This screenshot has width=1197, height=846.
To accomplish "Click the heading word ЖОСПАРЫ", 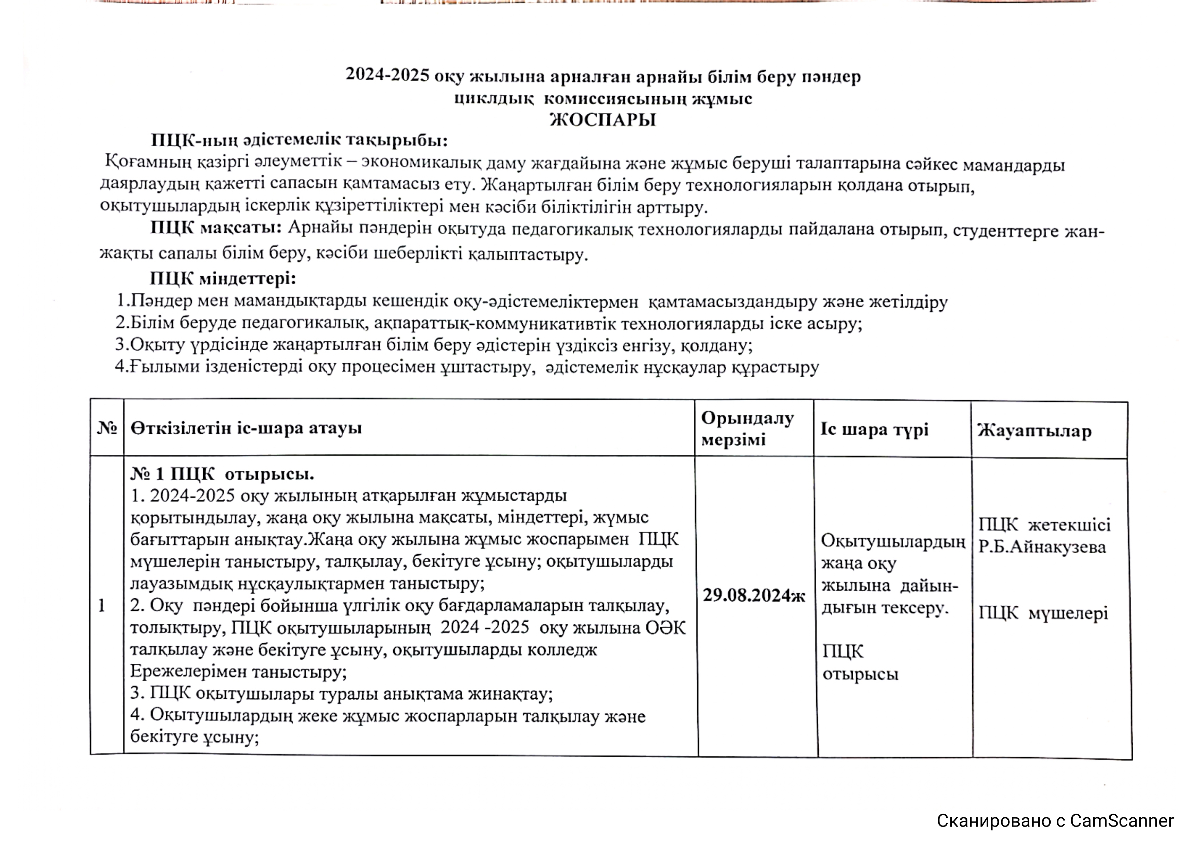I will pyautogui.click(x=603, y=120).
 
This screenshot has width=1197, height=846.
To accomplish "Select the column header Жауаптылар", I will pyautogui.click(x=1034, y=431).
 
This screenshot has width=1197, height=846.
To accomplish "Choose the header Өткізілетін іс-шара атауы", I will pyautogui.click(x=246, y=428).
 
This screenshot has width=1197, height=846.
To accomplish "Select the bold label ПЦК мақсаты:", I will pyautogui.click(x=216, y=228).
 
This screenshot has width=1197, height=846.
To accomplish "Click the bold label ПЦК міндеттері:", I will pyautogui.click(x=223, y=279).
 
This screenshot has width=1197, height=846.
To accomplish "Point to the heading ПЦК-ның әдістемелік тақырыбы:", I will pyautogui.click(x=299, y=140).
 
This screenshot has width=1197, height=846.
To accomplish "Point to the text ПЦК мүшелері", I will pyautogui.click(x=1043, y=613).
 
